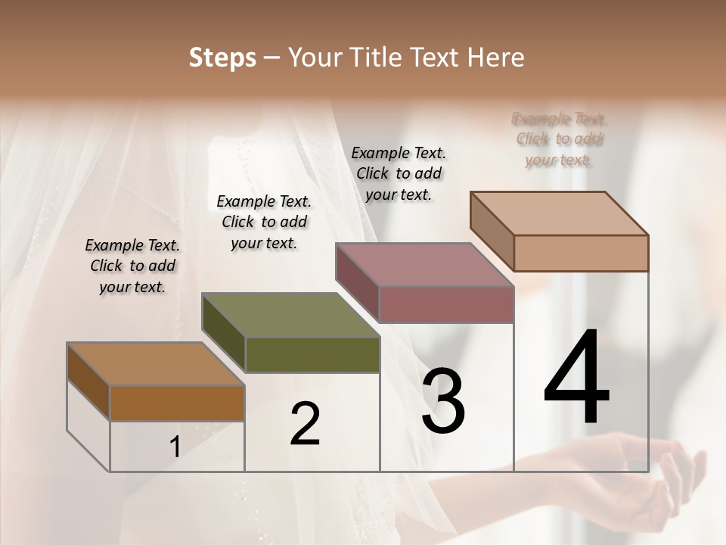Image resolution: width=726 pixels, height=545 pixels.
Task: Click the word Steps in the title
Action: [x=222, y=58]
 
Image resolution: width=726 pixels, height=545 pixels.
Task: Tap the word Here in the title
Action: [x=493, y=58]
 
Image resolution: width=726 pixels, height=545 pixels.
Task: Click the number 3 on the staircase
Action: [x=442, y=401]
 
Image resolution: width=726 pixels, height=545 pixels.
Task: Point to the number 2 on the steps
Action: [x=305, y=424]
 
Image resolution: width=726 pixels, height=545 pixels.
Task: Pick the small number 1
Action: [x=175, y=447]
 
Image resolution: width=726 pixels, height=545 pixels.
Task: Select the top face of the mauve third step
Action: [x=424, y=265]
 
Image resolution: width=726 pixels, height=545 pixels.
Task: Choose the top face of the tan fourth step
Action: [x=559, y=213]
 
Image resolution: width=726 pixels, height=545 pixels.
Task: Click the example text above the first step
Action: [x=132, y=266]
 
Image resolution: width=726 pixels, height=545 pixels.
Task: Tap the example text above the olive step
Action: [x=264, y=222]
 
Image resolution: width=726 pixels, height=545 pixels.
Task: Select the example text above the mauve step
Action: [x=399, y=173]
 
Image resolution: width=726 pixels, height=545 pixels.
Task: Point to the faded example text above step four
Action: [x=559, y=139]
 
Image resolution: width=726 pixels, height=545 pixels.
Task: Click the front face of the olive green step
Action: [x=312, y=354]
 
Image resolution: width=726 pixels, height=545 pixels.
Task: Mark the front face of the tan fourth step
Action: [x=581, y=253]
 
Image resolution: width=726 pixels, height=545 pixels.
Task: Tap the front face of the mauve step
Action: [x=446, y=304]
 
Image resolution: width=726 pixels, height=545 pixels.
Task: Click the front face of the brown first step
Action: [x=177, y=403]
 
